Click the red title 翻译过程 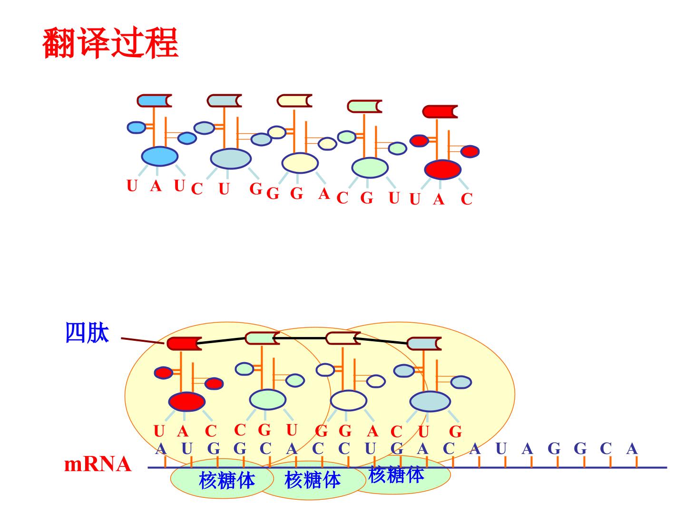110,43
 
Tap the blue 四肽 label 87,333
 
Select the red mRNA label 98,464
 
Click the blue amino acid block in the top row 154,100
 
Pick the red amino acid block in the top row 440,111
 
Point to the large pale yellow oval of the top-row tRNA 300,163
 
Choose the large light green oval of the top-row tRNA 370,168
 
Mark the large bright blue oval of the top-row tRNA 159,156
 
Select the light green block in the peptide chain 262,338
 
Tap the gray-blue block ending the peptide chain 424,344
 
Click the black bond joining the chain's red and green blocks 221,340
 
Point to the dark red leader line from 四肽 142,340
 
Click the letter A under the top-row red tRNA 439,199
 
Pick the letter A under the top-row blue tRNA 156,186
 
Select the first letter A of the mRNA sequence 161,449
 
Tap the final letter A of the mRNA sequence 632,449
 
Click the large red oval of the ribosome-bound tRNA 186,401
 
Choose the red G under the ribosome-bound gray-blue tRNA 455,432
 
